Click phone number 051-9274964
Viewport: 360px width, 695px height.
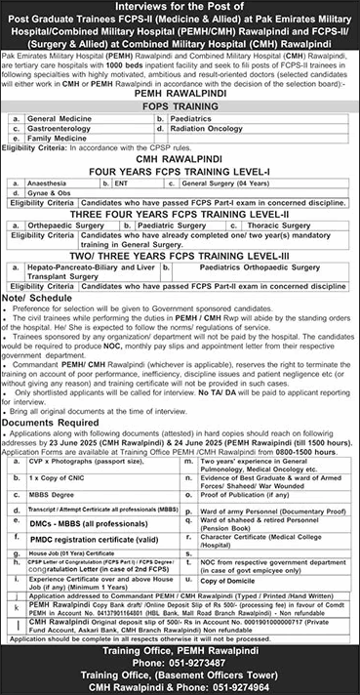point(254,685)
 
